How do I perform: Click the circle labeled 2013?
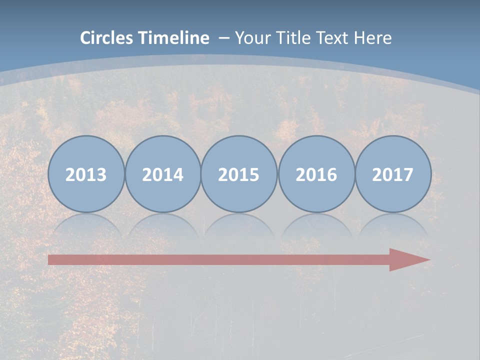(86, 174)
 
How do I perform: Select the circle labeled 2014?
(162, 174)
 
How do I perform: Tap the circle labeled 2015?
(239, 174)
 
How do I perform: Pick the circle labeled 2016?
(316, 174)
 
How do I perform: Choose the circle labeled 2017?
(393, 174)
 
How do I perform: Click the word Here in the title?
(373, 38)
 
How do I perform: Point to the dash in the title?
(224, 38)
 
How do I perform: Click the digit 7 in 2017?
(408, 174)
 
